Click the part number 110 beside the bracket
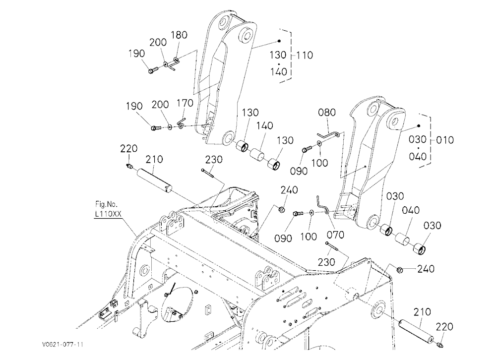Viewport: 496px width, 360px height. (x=305, y=55)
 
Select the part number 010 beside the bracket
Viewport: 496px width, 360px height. (x=445, y=140)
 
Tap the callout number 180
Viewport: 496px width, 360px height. (x=179, y=35)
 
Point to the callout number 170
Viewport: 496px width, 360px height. (x=185, y=103)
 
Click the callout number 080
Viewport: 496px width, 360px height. (x=327, y=112)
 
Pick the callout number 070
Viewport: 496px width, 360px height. (x=335, y=235)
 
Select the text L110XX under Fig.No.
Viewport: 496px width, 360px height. (x=108, y=214)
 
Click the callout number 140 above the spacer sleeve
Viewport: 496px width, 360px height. (x=264, y=125)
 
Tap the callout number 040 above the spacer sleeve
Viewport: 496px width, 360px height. (x=411, y=210)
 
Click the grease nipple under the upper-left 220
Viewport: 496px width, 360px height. (x=129, y=166)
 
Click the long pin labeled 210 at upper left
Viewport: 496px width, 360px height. (x=154, y=180)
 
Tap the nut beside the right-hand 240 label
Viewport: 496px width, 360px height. (x=399, y=270)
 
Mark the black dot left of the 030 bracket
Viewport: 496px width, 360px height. (x=419, y=126)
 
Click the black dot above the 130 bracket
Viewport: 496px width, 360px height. (x=279, y=41)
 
